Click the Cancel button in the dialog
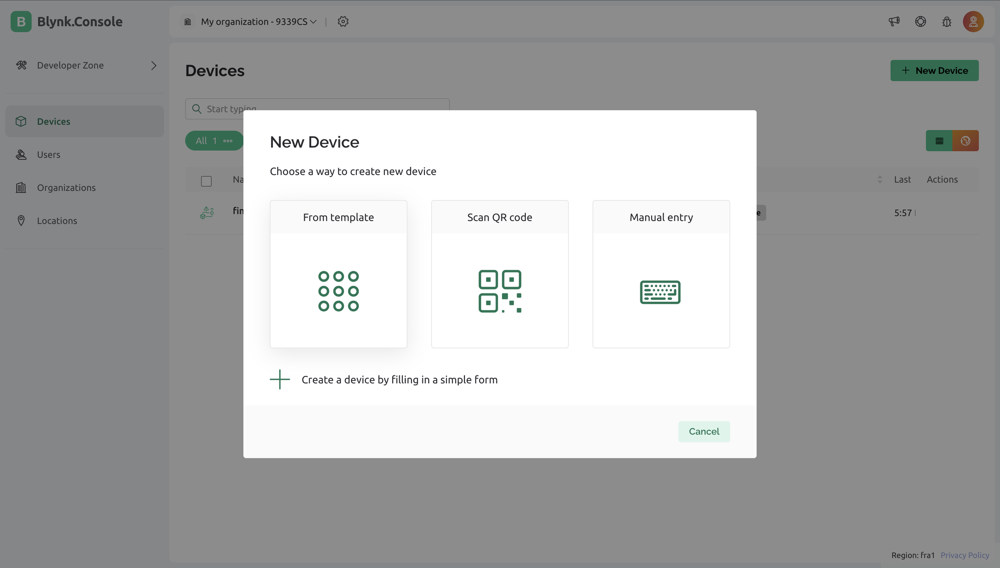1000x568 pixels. click(x=704, y=431)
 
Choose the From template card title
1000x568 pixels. click(x=338, y=217)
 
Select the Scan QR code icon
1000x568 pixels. click(x=500, y=291)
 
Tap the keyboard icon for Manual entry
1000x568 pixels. click(x=660, y=292)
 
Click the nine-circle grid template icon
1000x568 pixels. click(x=338, y=291)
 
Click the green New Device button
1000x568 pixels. click(x=934, y=70)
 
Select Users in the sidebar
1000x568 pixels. click(x=48, y=155)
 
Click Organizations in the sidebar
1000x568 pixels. click(x=66, y=188)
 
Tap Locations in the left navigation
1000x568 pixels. click(x=57, y=221)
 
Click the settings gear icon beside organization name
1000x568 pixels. click(x=343, y=22)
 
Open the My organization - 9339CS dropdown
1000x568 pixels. click(x=258, y=22)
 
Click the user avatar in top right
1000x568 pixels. click(x=973, y=22)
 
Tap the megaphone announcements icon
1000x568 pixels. click(x=894, y=22)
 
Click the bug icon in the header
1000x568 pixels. click(x=947, y=22)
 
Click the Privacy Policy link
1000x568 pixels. click(x=965, y=555)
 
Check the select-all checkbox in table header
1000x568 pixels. click(x=206, y=181)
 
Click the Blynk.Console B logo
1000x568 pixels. click(x=21, y=22)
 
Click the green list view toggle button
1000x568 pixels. click(x=939, y=141)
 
